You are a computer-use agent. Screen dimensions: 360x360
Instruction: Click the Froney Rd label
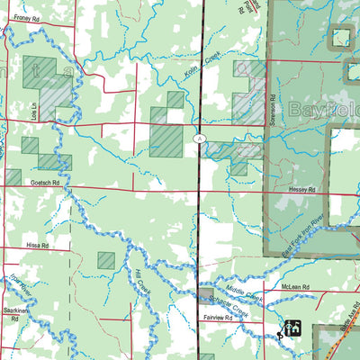27,18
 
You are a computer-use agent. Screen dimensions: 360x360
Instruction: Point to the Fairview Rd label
217,319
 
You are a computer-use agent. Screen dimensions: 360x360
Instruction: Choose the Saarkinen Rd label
16,310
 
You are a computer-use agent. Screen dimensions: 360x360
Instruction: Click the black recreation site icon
292,328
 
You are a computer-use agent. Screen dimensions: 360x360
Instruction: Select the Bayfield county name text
324,111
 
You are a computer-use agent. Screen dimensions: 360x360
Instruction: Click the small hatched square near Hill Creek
106,260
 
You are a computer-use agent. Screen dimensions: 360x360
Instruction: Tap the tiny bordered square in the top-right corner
340,37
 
